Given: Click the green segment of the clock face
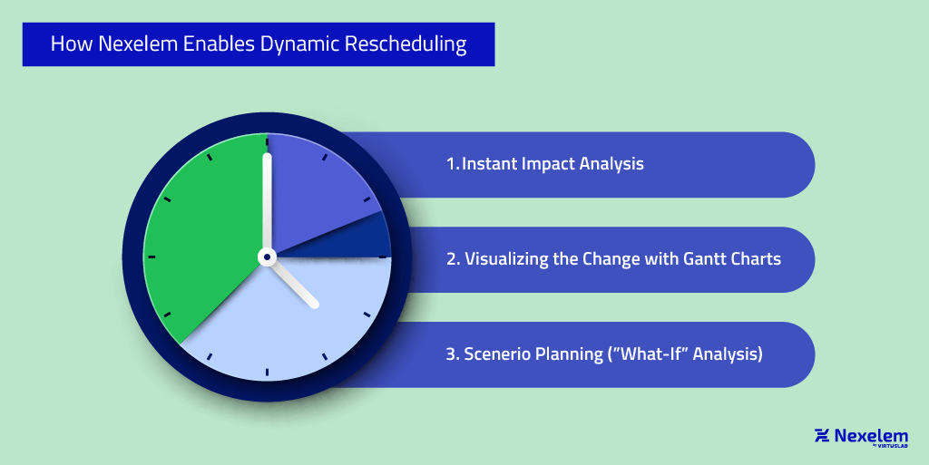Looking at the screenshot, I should (200, 245).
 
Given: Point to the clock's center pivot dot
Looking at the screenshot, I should (267, 257).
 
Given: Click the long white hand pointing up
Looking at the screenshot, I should (267, 199).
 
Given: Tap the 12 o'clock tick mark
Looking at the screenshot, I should (267, 141).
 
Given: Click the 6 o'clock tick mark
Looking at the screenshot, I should (267, 373).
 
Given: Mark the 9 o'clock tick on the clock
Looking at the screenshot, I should (152, 257).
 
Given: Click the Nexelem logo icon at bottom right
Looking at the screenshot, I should (823, 436).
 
